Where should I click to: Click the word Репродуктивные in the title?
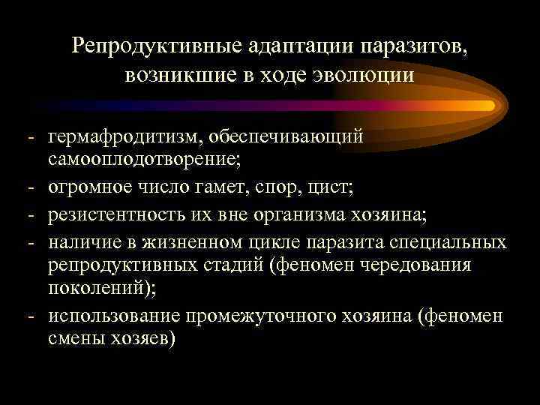click(154, 46)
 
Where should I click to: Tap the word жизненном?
click(194, 242)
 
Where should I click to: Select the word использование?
click(117, 316)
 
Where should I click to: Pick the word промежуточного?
click(269, 316)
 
